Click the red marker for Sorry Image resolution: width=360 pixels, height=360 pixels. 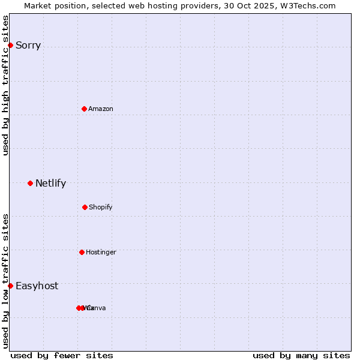coord(10,45)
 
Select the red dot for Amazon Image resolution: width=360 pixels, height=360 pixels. coord(84,109)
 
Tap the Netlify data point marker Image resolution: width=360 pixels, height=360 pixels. coord(30,183)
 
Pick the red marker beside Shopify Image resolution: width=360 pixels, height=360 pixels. coord(85,207)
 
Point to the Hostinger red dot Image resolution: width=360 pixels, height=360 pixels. coord(82,252)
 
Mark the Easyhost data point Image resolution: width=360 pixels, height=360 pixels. coord(10,286)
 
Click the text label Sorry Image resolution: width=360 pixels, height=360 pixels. coord(28,46)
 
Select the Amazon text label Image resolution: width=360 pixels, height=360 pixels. coord(101,109)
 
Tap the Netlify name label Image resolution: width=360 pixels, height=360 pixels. coord(50,184)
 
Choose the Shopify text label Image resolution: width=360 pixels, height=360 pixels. coord(101,208)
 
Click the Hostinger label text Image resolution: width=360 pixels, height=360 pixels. coord(101,253)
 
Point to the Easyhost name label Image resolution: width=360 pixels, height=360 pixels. coord(37,286)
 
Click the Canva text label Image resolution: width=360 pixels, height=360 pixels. coord(96,308)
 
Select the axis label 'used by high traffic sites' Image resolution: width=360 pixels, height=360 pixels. coord(6,85)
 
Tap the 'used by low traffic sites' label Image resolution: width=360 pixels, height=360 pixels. coord(6,281)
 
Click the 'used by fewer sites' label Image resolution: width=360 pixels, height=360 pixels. coord(62,355)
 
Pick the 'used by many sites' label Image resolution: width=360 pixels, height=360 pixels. coord(301,355)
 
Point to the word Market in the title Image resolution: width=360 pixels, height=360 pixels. coord(38,5)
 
